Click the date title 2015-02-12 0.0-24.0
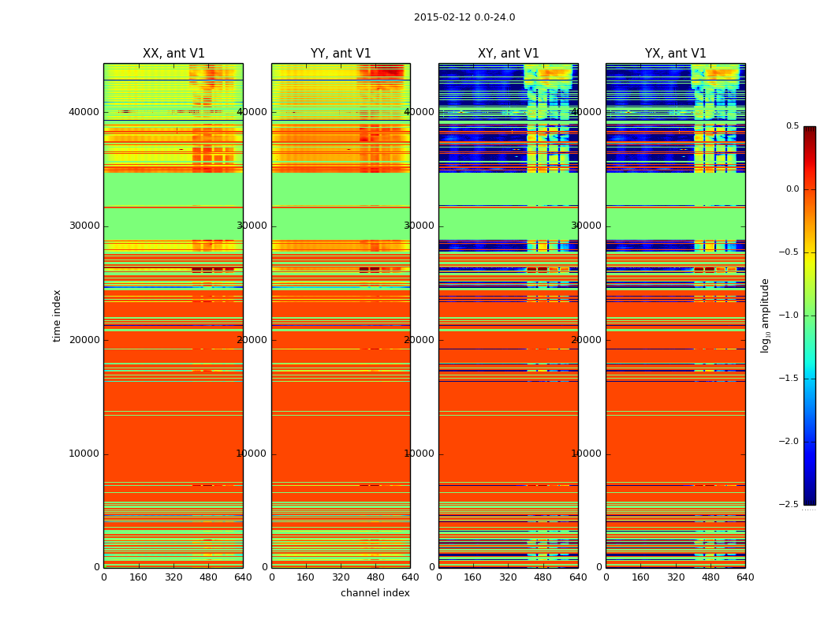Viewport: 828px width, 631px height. point(464,17)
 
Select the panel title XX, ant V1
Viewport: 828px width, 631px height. point(173,54)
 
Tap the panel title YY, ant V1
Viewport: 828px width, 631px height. point(341,54)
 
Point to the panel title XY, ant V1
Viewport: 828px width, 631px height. point(509,54)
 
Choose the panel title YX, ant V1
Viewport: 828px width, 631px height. point(676,54)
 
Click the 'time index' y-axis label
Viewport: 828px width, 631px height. point(57,315)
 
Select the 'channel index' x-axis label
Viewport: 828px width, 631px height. point(375,593)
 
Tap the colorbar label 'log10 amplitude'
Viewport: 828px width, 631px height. point(765,315)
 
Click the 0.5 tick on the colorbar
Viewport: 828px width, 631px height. point(793,126)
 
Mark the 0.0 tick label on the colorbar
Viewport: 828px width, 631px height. point(793,189)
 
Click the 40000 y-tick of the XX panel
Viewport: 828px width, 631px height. point(84,112)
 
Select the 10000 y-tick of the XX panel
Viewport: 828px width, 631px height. point(84,454)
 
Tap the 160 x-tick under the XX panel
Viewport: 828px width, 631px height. point(139,577)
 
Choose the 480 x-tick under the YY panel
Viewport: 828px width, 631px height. point(375,577)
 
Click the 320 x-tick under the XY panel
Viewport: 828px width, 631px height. point(509,577)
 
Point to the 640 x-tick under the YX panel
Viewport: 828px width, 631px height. point(745,577)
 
